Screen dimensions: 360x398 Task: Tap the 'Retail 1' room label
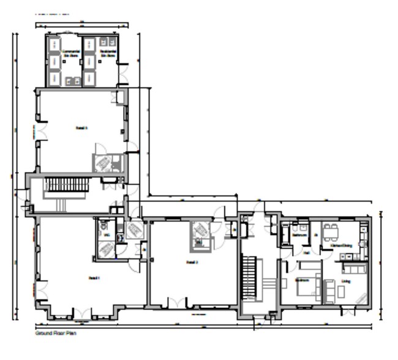[x=94, y=277]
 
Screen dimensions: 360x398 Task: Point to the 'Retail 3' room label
[x=81, y=128]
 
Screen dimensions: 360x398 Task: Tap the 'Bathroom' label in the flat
[x=299, y=234]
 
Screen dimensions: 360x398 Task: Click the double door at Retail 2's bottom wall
[x=177, y=302]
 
